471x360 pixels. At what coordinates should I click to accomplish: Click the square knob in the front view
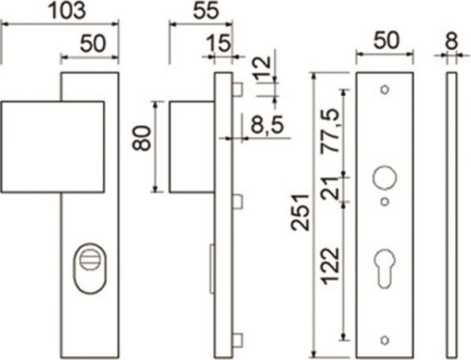coord(52,146)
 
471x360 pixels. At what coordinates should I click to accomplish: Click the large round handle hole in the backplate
coord(385,176)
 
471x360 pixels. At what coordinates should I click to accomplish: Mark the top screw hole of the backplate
coord(385,89)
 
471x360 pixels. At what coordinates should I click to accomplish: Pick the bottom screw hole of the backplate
coord(385,339)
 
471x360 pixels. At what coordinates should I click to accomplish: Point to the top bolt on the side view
coord(237,89)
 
